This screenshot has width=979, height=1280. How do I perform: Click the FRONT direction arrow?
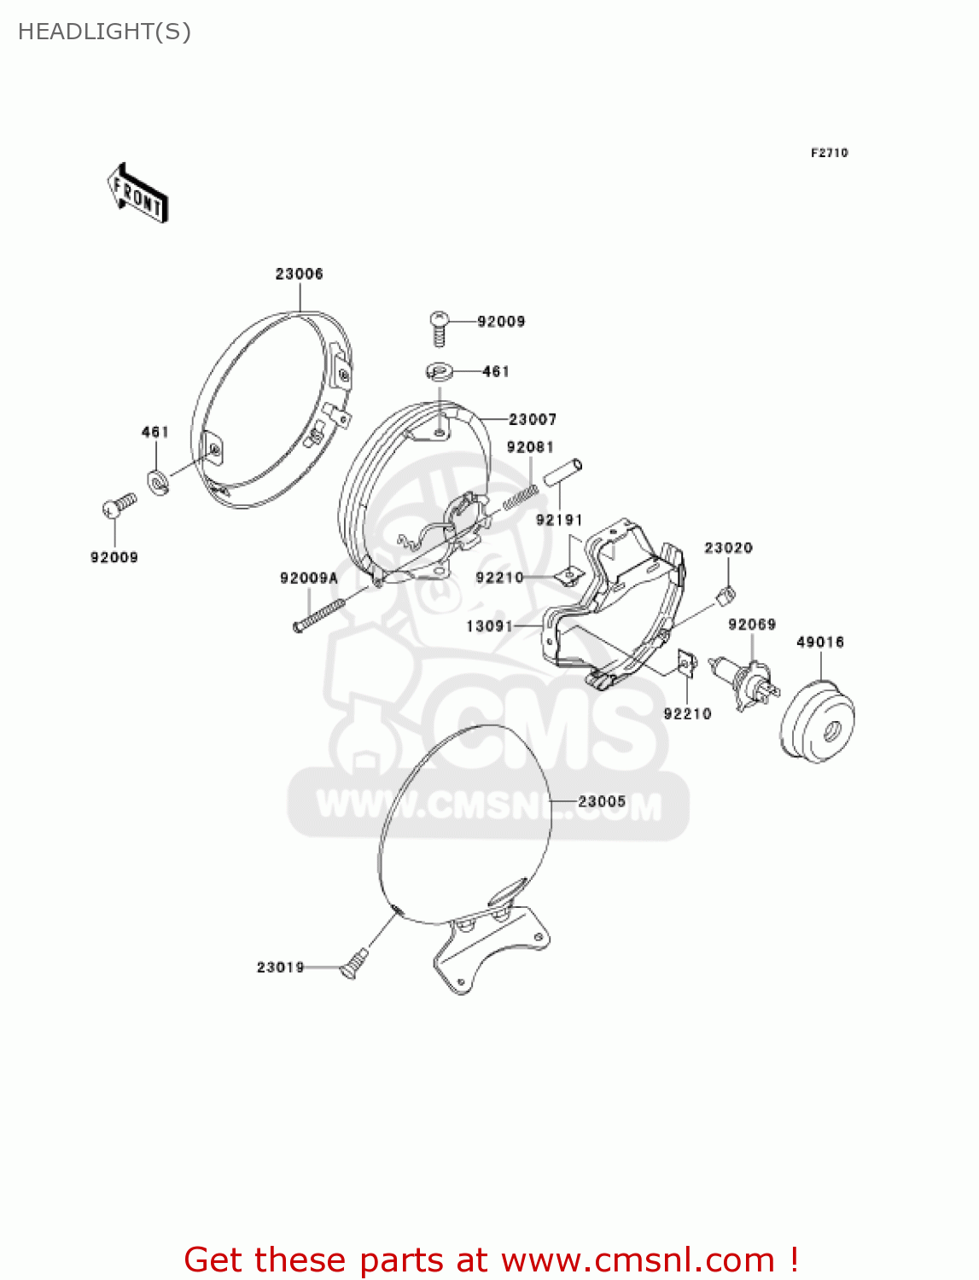click(137, 194)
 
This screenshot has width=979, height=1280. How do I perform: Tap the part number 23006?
click(299, 274)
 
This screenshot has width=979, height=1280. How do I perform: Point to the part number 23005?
click(602, 801)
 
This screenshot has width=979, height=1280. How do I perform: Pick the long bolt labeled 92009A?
click(318, 614)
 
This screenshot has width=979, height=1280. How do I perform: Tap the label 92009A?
click(309, 579)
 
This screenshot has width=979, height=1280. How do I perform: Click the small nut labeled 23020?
click(728, 593)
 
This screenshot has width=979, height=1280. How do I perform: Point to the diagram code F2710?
click(829, 153)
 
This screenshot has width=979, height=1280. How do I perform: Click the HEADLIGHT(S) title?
click(104, 32)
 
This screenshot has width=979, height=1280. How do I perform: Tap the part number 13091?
click(489, 626)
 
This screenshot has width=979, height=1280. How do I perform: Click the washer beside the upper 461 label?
click(440, 372)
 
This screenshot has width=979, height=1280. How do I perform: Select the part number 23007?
click(533, 419)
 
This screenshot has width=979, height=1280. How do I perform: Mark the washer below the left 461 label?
click(158, 482)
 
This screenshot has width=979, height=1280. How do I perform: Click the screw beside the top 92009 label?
click(440, 327)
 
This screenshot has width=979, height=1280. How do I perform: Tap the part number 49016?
click(819, 642)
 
